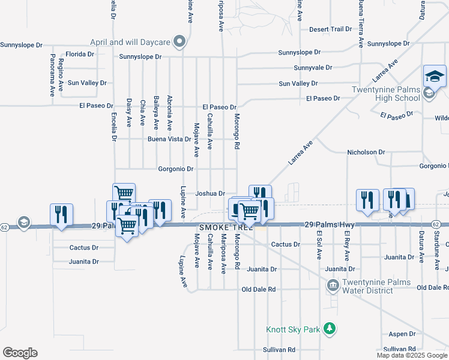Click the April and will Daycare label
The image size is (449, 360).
(x=130, y=42)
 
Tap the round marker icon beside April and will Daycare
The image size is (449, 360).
(x=179, y=42)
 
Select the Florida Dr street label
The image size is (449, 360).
(x=80, y=54)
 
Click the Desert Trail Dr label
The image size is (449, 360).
(x=330, y=29)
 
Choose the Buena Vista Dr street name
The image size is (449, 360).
(x=169, y=139)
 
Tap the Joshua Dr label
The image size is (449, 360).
(x=210, y=194)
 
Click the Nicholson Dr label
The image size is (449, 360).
(x=366, y=152)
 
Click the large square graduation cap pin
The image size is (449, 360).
(x=435, y=76)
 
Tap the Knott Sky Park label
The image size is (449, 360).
(x=293, y=329)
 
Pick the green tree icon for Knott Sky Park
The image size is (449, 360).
(x=328, y=329)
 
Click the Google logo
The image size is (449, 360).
(x=20, y=353)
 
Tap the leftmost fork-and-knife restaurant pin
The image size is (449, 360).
(x=62, y=214)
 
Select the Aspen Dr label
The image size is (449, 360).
(x=402, y=334)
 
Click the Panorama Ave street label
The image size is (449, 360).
(x=53, y=67)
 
